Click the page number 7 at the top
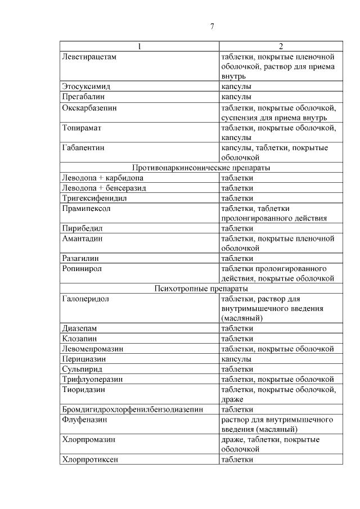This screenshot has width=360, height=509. coord(211,26)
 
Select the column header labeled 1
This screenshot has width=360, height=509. coord(139,46)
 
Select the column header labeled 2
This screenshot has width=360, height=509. coord(281,46)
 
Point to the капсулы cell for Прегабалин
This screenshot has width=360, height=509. coord(236,97)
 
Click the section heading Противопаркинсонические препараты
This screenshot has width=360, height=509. coord(201,168)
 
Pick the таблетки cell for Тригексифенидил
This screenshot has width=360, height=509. coord(237,198)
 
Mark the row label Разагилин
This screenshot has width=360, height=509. coord(83,258)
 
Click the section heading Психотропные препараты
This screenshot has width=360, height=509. coord(201,289)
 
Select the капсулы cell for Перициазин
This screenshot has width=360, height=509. coord(236,358)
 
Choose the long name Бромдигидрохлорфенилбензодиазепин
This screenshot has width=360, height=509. coord(132,409)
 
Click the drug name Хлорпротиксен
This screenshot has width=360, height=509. coord(90,459)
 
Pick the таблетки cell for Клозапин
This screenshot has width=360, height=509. coord(237,339)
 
